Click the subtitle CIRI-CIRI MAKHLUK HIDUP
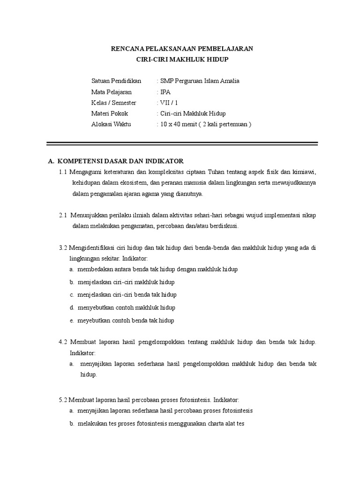coord(180,60)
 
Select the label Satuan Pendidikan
coord(117,81)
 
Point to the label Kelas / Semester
coord(114,103)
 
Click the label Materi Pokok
coord(110,113)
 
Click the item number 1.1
coord(63,172)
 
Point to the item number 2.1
coord(63,216)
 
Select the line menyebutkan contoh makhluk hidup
coord(126,308)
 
